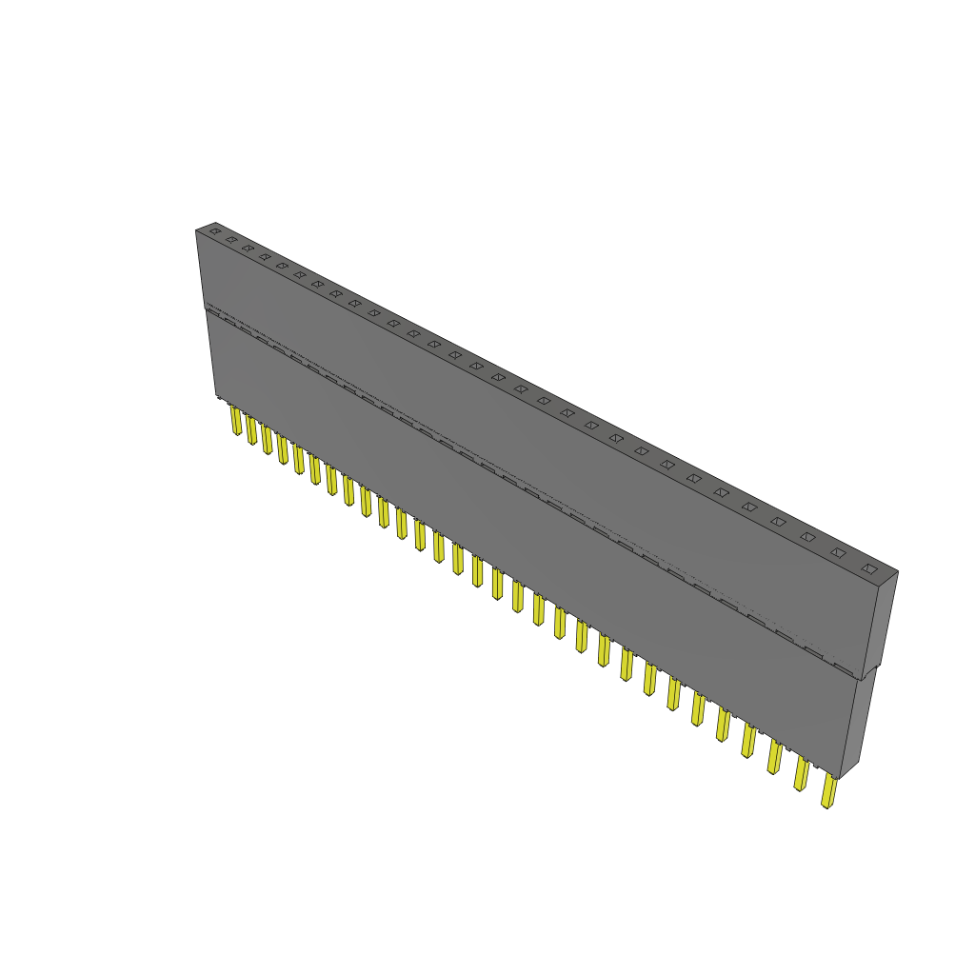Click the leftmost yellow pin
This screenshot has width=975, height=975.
click(x=235, y=420)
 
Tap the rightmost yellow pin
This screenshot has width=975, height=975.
click(x=829, y=791)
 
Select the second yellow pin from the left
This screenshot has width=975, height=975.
click(x=251, y=429)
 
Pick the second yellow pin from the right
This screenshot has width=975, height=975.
click(x=802, y=774)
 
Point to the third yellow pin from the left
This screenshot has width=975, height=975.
click(x=267, y=440)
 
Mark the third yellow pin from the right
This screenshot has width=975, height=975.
click(x=775, y=757)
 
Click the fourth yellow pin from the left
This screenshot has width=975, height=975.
click(x=283, y=449)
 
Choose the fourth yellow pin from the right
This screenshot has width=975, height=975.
click(x=749, y=741)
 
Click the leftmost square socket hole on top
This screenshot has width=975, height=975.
click(x=215, y=231)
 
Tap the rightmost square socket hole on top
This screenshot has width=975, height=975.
click(x=869, y=568)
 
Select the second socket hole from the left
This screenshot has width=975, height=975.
click(x=231, y=240)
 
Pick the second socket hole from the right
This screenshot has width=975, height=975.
click(x=838, y=552)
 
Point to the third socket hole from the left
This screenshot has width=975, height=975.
click(x=248, y=249)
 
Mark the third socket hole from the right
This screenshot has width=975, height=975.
click(x=807, y=537)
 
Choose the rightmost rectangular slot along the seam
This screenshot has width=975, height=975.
click(x=844, y=667)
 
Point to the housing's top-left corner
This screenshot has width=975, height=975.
click(x=197, y=229)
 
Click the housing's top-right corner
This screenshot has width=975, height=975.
click(x=897, y=572)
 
